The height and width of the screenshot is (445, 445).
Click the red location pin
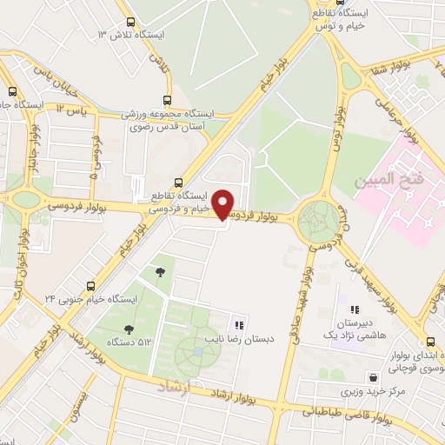223,203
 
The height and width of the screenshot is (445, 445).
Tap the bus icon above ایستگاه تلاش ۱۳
130,23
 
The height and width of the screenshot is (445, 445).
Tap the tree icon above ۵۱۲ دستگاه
130,329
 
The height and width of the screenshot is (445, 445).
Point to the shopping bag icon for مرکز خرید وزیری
373,378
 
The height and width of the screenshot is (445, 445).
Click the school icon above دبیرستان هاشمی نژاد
355,309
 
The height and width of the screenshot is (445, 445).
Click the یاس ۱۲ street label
71,109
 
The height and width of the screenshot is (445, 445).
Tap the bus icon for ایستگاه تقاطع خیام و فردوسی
178,183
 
